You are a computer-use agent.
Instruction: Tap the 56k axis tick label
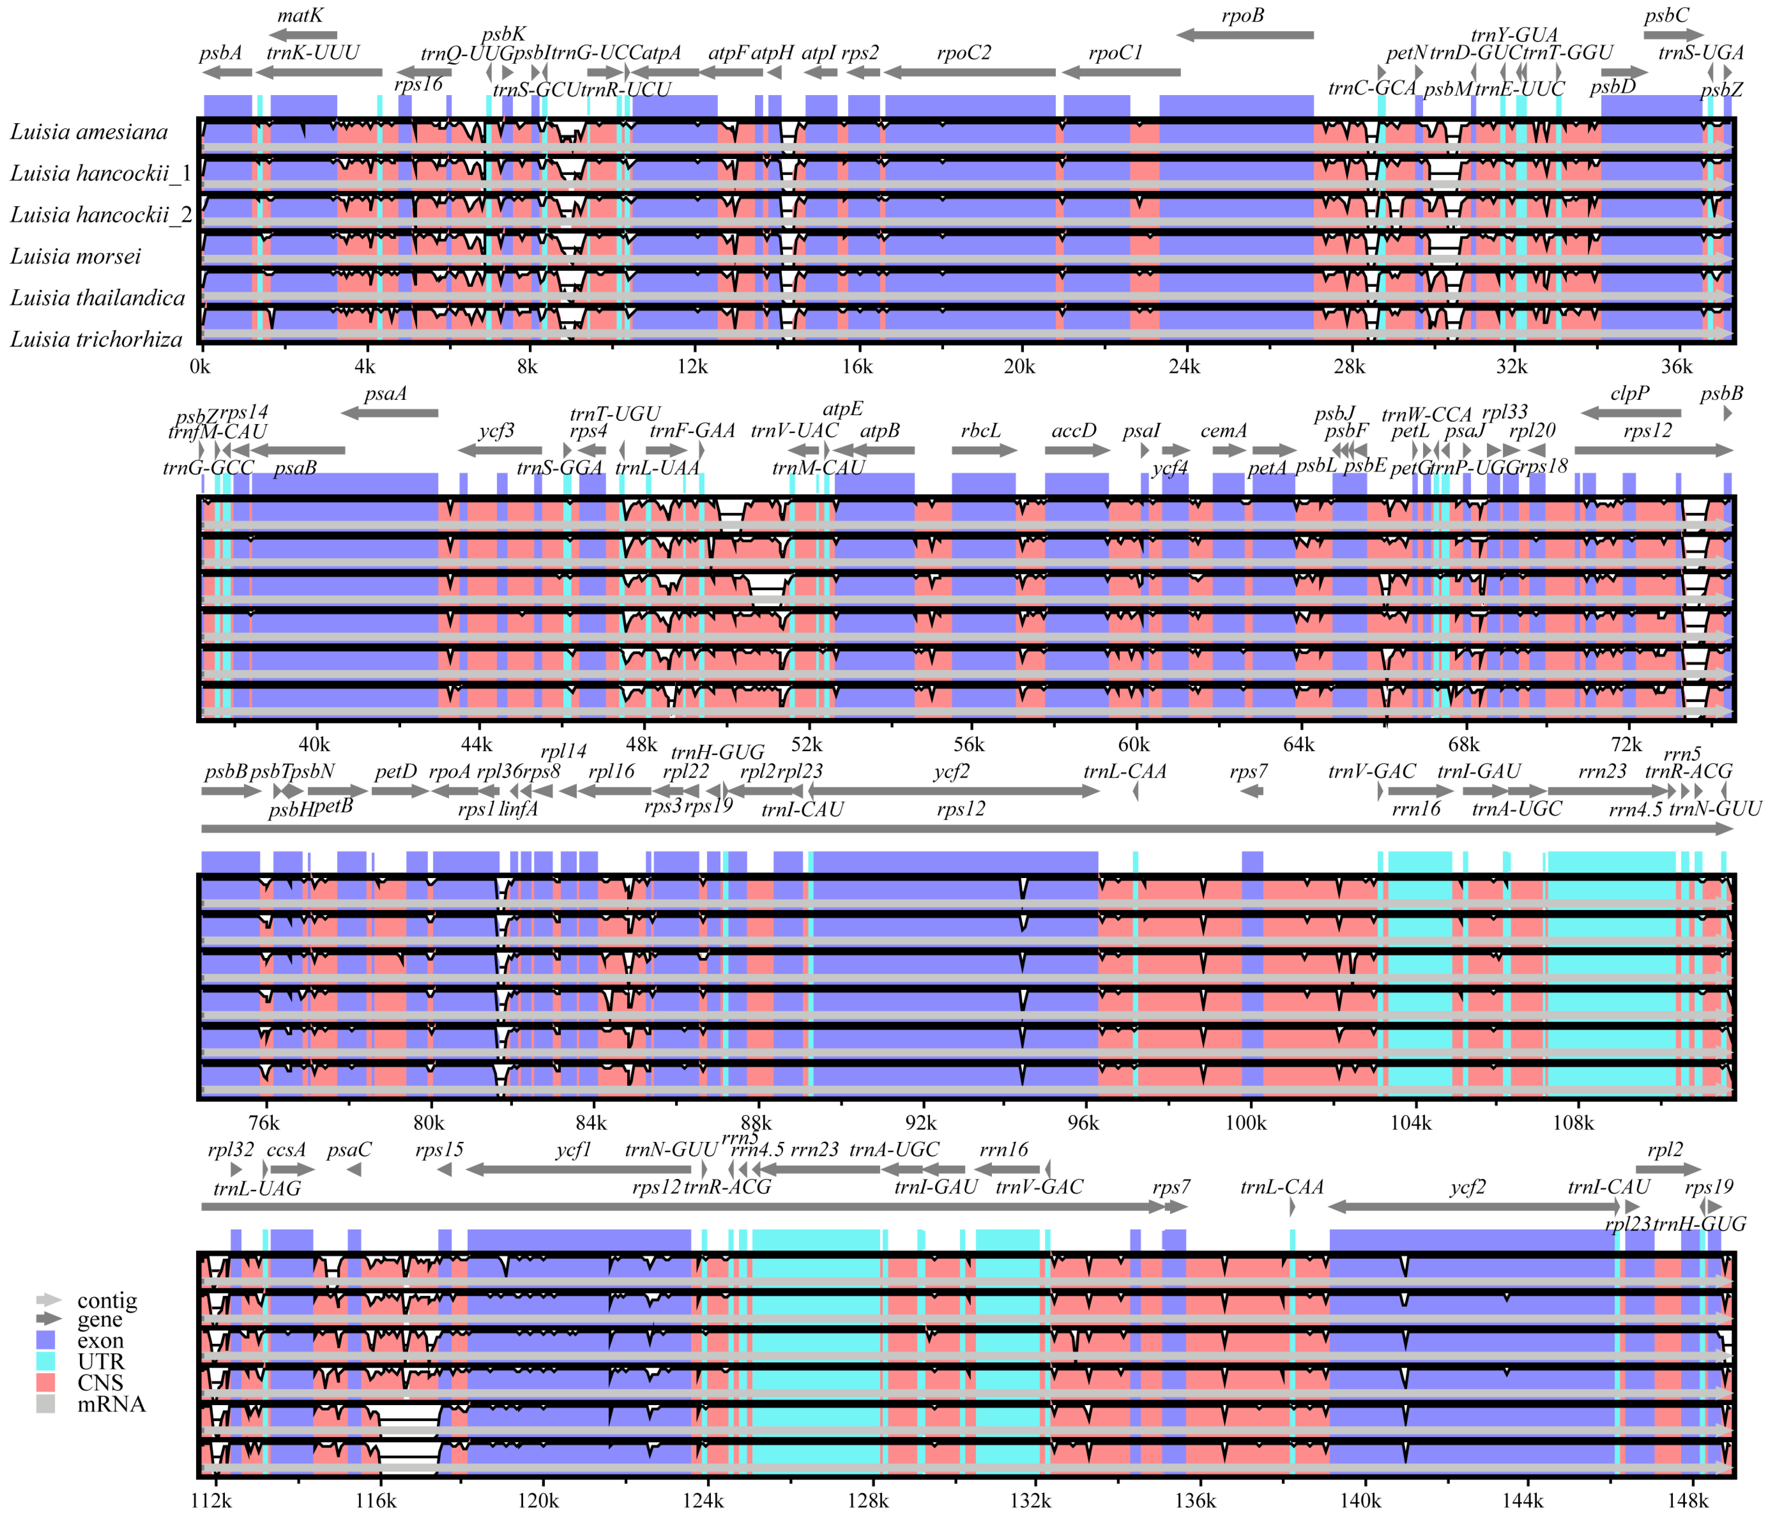point(969,745)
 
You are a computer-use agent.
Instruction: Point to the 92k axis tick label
point(920,1123)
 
